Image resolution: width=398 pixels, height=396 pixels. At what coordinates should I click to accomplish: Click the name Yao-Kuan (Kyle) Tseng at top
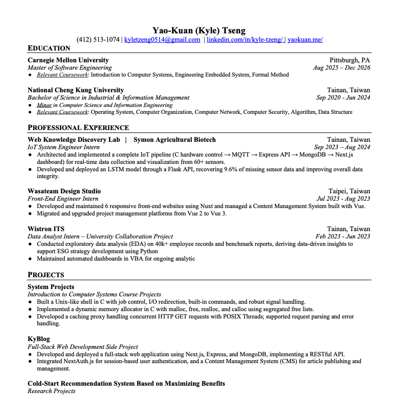pyautogui.click(x=199, y=30)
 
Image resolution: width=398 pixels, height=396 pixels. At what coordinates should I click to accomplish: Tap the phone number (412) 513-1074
pyautogui.click(x=98, y=40)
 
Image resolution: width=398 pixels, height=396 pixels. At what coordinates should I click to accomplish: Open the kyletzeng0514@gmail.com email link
pyautogui.click(x=162, y=40)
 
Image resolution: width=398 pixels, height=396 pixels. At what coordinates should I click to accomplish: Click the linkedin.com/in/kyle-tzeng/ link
pyautogui.click(x=245, y=40)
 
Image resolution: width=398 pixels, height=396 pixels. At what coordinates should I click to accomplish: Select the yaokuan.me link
pyautogui.click(x=305, y=40)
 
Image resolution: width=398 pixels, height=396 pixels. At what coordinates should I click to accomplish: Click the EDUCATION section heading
pyautogui.click(x=49, y=48)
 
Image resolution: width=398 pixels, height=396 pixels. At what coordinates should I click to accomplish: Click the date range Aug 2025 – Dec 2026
pyautogui.click(x=342, y=68)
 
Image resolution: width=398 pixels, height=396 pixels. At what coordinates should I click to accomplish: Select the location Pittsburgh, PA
pyautogui.click(x=350, y=60)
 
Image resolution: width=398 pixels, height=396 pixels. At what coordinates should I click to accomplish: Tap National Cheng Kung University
pyautogui.click(x=75, y=90)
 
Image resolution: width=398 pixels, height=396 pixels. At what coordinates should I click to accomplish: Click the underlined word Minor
pyautogui.click(x=44, y=105)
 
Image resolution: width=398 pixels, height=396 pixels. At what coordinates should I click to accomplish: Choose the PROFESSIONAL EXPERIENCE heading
pyautogui.click(x=78, y=128)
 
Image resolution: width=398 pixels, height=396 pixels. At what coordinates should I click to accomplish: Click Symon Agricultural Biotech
pyautogui.click(x=174, y=140)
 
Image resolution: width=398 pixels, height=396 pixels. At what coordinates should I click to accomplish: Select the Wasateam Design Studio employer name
pyautogui.click(x=64, y=191)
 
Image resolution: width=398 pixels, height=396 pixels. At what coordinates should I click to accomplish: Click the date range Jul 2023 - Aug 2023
pyautogui.click(x=343, y=199)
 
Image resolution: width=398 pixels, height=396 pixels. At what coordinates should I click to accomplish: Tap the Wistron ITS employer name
pyautogui.click(x=46, y=229)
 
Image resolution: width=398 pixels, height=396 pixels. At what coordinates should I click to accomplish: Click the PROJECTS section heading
pyautogui.click(x=46, y=275)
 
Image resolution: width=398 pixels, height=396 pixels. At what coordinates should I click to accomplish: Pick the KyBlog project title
pyautogui.click(x=39, y=339)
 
